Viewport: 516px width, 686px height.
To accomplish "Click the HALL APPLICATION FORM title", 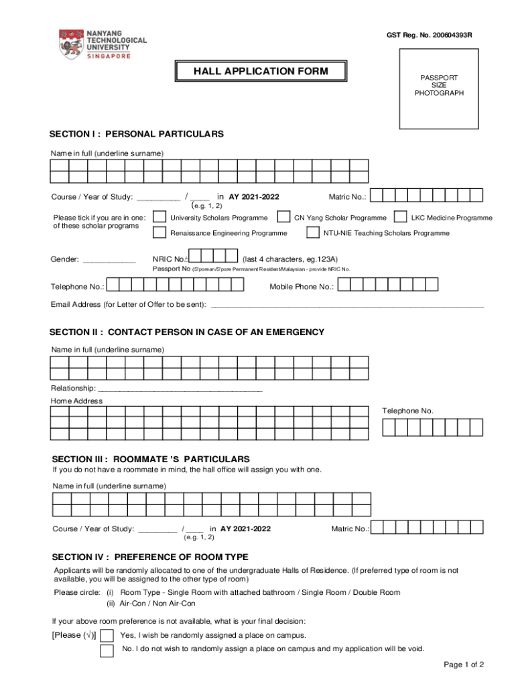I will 261,71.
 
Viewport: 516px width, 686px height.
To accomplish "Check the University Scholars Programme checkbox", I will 159,218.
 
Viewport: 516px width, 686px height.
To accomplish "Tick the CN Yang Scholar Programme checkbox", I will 284,218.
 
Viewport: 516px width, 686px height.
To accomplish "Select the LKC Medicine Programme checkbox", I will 400,218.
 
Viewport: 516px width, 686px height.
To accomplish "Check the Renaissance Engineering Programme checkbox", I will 159,233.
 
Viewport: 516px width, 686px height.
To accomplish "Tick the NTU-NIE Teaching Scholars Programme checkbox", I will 312,233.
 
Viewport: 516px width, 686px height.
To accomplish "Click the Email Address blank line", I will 347,306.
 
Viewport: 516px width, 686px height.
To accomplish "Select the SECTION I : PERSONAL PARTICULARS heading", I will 137,134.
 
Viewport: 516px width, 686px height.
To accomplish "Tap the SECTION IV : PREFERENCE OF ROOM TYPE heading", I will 150,557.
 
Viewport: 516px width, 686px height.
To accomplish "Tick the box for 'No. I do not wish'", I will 107,650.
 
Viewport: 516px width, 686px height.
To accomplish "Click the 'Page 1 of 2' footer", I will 464,665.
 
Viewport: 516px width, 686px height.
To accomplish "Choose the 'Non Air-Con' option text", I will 172,604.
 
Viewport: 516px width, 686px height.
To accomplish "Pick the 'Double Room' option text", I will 378,593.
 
